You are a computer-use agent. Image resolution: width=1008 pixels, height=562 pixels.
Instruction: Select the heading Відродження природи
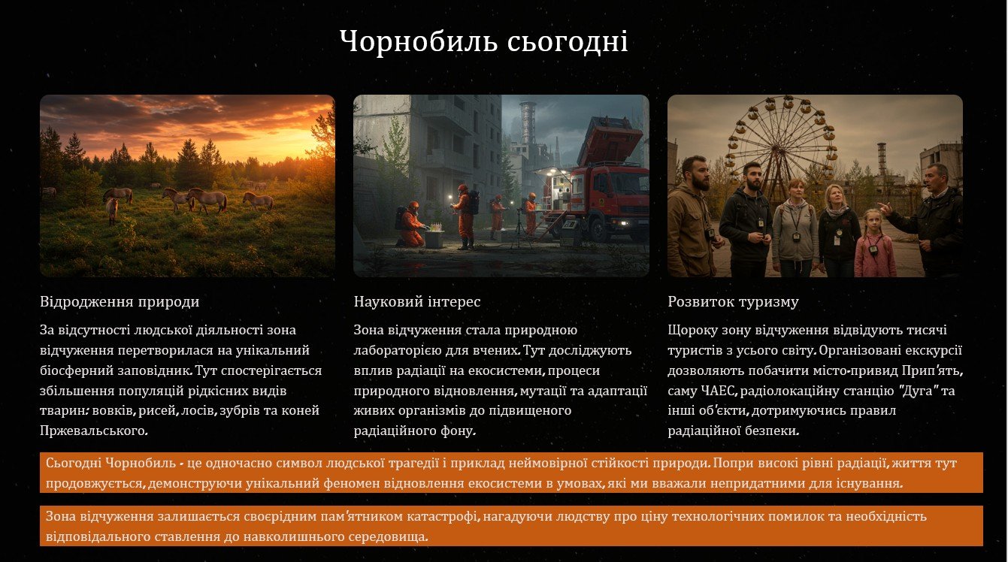coord(120,301)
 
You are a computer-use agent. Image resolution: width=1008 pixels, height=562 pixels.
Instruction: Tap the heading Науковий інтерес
coord(416,301)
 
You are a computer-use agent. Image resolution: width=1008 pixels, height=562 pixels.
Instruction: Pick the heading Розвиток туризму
coord(733,301)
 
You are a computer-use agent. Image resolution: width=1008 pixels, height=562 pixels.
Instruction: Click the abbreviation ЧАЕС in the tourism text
coord(718,391)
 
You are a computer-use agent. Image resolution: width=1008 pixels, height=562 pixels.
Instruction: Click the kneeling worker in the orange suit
coord(412,224)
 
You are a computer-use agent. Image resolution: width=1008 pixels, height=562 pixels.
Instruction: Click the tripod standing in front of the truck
coord(519,228)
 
